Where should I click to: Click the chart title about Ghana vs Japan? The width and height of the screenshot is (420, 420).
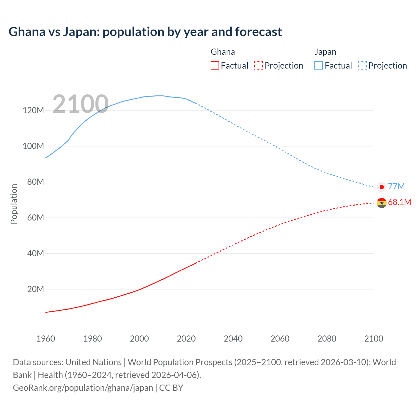click(x=145, y=32)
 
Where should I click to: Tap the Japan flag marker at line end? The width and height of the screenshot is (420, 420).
click(x=382, y=187)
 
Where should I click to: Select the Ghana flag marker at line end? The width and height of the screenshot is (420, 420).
click(x=382, y=203)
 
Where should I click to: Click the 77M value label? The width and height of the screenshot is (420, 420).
click(x=396, y=186)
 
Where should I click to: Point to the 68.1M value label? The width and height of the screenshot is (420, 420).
click(x=399, y=202)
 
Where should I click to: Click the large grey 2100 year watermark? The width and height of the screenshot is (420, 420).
click(x=80, y=104)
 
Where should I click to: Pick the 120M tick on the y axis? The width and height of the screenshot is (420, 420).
click(x=33, y=110)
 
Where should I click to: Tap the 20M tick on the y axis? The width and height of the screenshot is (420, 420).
click(x=35, y=289)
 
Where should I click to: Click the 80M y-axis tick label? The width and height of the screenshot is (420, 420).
click(x=35, y=182)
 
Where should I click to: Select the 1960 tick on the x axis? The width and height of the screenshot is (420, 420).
click(x=46, y=339)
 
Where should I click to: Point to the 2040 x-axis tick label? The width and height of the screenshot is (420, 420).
click(x=233, y=339)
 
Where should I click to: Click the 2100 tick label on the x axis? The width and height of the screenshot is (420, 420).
click(x=373, y=339)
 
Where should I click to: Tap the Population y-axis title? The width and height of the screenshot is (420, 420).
click(x=14, y=204)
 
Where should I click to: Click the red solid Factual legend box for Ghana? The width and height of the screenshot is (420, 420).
click(x=215, y=65)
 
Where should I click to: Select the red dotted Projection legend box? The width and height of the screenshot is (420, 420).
click(x=258, y=65)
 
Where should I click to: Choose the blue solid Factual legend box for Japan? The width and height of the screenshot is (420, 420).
click(x=318, y=65)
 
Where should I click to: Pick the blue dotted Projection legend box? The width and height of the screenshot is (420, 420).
click(x=362, y=65)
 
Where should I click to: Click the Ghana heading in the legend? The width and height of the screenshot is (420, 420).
click(x=222, y=52)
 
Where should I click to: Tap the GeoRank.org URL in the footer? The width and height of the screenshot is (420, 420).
click(x=83, y=388)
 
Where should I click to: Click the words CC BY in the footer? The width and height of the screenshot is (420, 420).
click(x=171, y=388)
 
